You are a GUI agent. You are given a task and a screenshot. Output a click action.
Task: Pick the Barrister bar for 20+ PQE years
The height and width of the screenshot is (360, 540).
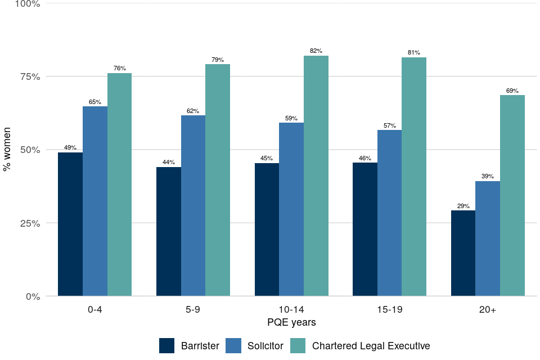pos(463,253)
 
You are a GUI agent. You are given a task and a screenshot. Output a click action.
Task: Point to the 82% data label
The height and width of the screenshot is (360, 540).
pos(316,51)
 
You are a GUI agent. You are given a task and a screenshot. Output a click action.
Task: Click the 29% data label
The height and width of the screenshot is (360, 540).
pos(463,206)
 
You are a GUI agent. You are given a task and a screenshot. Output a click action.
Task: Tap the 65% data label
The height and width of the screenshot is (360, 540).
pos(95,102)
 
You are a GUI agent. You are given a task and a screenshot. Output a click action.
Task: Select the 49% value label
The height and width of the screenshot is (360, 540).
pos(70,148)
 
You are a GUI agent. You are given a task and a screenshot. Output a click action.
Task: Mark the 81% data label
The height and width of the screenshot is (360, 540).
pos(414,53)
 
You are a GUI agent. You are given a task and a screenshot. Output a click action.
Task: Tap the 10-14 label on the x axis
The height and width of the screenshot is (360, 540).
pos(291,309)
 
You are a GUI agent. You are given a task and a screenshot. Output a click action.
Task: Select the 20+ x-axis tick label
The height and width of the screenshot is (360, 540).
pos(488,309)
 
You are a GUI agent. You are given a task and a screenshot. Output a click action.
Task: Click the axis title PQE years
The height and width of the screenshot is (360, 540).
pos(291,323)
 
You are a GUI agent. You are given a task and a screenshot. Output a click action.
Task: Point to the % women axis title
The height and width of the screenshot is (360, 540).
pos(7,150)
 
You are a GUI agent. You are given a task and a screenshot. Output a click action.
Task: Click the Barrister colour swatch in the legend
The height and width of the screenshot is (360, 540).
pos(167,345)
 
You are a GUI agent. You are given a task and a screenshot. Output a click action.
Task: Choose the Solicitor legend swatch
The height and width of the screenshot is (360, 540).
pos(233,345)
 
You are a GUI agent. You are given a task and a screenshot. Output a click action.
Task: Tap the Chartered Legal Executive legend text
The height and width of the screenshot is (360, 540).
pos(371,346)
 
